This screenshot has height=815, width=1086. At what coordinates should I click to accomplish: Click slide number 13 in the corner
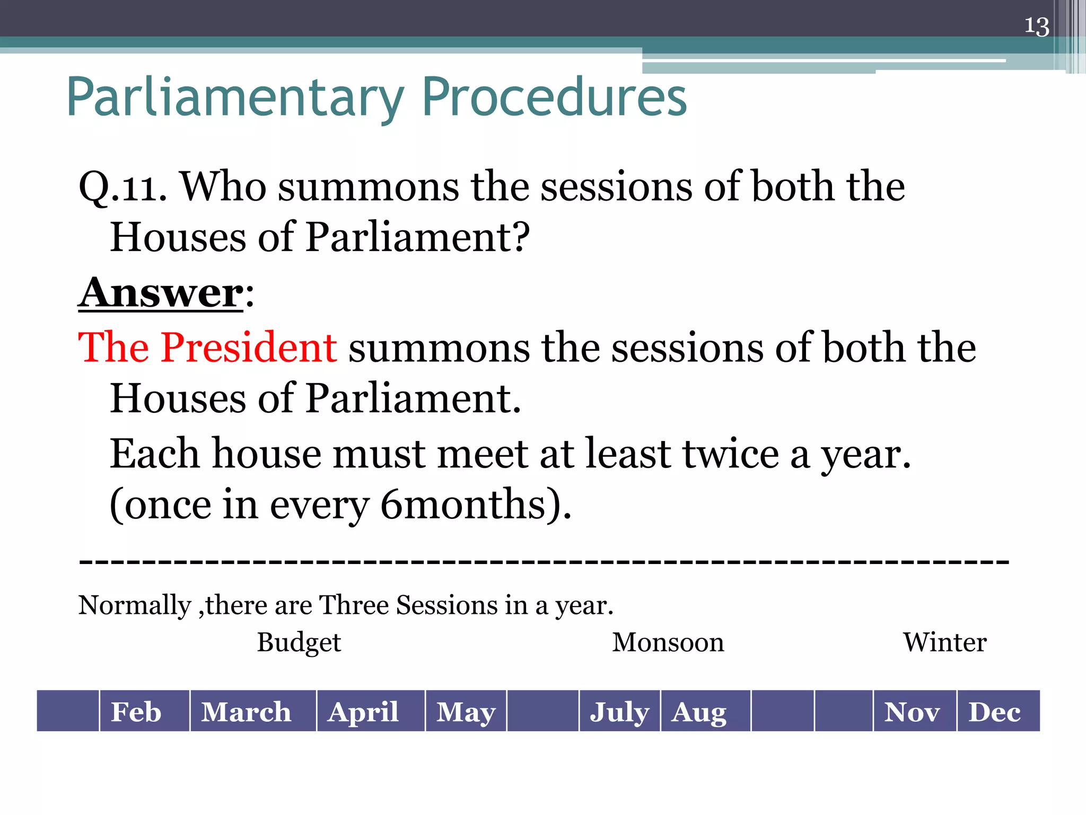(1036, 27)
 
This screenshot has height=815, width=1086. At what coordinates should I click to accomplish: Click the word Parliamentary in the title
(235, 98)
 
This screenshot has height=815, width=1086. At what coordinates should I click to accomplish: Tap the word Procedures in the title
(554, 98)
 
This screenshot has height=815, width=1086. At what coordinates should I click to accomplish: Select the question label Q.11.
(122, 188)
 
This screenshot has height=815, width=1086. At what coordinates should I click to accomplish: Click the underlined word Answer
(161, 293)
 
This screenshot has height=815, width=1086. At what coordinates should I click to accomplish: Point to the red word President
(249, 348)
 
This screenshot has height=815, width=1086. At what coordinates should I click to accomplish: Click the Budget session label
(299, 643)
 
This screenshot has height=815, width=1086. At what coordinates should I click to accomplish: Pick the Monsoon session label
(668, 643)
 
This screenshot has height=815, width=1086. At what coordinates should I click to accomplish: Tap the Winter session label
(944, 643)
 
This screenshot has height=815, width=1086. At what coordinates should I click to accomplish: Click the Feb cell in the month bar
(136, 712)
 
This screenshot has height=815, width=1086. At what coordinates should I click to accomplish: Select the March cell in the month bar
(247, 712)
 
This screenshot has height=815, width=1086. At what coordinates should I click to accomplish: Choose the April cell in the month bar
(363, 712)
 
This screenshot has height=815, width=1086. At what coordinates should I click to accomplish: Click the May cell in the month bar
(466, 712)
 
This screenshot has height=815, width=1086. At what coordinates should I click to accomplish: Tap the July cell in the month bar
(619, 712)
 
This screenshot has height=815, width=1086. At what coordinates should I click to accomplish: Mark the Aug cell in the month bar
(699, 712)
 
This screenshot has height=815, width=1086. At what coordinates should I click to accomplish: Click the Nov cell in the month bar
(912, 712)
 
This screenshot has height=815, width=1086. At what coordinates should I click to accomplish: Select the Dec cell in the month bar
(994, 712)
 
